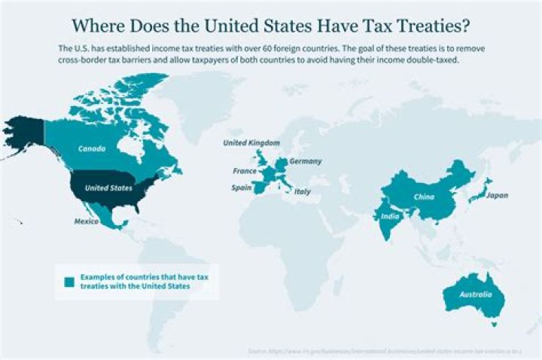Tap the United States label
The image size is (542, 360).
point(108,188)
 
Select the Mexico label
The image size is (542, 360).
point(86,221)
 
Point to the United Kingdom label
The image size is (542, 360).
point(251,142)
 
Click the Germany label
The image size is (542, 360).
point(306,161)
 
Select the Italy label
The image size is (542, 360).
point(302,192)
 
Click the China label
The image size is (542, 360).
point(424,197)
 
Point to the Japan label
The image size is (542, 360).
point(498,196)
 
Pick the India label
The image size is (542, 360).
point(390,218)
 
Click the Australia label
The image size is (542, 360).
point(476,294)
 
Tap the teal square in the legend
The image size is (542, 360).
point(69,282)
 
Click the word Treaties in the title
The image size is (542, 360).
point(428,26)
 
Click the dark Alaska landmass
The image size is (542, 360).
point(23,136)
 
